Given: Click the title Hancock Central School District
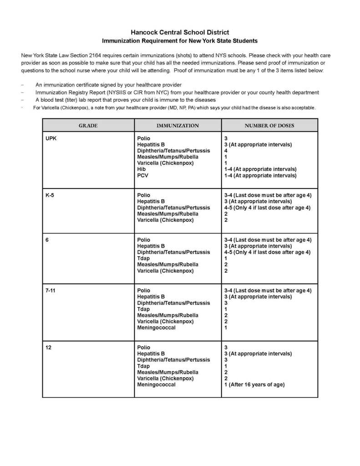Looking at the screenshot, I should (x=180, y=32).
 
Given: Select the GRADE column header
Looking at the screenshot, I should (x=88, y=126).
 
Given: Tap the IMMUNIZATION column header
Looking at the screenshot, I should (x=177, y=126).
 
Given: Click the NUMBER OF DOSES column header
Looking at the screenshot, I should (x=269, y=126).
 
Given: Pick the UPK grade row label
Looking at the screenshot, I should (x=51, y=138).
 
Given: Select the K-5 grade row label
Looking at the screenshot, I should (x=50, y=195).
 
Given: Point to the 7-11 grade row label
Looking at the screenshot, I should (x=51, y=290).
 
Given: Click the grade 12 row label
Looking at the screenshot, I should (x=48, y=347).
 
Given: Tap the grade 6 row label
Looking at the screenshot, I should (x=47, y=240).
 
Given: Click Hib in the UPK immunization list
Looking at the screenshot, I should (x=142, y=169).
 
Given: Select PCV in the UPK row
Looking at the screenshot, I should (x=143, y=175).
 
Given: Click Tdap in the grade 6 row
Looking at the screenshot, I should (x=143, y=258).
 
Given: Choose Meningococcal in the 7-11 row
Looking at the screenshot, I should (x=156, y=328).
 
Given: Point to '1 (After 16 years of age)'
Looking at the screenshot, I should (x=254, y=385).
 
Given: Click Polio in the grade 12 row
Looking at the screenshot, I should (x=143, y=347).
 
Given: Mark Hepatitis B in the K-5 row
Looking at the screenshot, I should (x=151, y=201).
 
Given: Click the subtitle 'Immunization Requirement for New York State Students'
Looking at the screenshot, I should (x=180, y=41).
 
